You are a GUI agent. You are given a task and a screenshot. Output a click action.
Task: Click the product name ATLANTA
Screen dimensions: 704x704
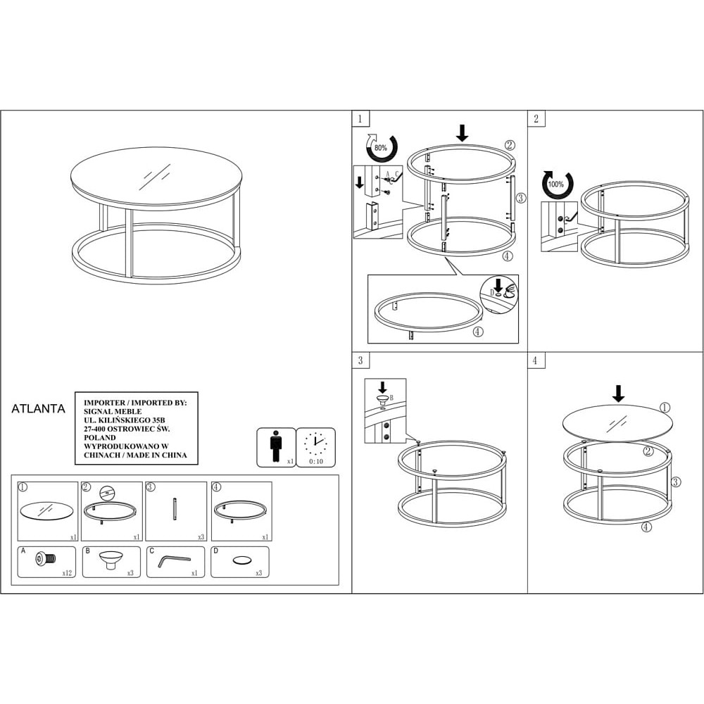point(38,408)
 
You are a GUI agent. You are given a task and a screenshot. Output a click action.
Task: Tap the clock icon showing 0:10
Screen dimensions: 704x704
point(315,447)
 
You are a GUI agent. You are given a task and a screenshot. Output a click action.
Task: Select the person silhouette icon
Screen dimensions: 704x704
point(276,446)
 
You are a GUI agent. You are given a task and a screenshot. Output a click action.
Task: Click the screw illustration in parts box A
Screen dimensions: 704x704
point(45,559)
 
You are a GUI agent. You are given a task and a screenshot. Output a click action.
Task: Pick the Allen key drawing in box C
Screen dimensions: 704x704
point(174,561)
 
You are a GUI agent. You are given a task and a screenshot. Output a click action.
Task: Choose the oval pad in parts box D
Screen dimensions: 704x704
point(241,560)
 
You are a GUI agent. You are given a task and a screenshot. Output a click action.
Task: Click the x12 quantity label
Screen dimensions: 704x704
point(67,573)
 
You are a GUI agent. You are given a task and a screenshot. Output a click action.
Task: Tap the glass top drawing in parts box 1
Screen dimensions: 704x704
point(46,511)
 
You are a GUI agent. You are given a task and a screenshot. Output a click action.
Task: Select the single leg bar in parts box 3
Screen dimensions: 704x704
point(175,509)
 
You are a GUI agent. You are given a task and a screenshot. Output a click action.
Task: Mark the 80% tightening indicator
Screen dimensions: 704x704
point(382,147)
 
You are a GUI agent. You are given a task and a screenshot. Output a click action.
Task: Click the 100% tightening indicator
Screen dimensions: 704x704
point(558,184)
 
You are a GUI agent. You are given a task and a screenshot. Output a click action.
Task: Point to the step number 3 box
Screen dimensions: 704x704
point(360,360)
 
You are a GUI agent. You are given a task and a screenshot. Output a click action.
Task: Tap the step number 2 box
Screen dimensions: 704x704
point(536,118)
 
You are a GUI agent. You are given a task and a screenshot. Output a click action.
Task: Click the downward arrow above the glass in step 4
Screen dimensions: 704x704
point(619,394)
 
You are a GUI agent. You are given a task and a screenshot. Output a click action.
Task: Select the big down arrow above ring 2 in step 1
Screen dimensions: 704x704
point(462,133)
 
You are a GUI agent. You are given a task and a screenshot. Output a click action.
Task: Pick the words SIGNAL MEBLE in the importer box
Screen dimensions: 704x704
point(113,411)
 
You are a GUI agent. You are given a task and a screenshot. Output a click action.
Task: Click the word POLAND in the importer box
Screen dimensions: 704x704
point(100,437)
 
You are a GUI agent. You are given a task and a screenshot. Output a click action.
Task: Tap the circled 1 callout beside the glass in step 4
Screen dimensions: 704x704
point(665,408)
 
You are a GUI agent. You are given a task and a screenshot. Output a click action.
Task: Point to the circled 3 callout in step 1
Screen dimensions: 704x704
point(520,198)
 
